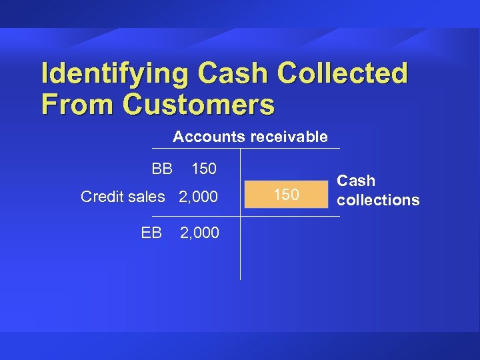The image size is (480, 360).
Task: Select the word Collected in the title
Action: tap(343, 73)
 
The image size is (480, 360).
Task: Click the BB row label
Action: tap(162, 169)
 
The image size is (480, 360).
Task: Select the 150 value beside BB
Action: tap(204, 169)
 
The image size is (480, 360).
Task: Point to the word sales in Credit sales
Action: tap(146, 197)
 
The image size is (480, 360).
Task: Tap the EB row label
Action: tap(151, 232)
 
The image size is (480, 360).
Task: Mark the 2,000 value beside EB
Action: tap(199, 232)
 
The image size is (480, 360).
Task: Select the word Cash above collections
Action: tap(356, 181)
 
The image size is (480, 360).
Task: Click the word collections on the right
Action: tap(378, 200)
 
